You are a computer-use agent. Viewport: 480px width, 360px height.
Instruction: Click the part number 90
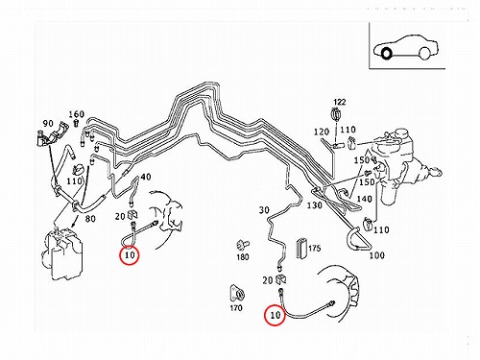[x=48, y=123]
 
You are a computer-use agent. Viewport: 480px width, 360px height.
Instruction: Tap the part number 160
[x=77, y=114]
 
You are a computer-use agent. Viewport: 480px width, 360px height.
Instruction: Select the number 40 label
[x=146, y=177]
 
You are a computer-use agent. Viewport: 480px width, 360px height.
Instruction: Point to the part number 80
[x=90, y=219]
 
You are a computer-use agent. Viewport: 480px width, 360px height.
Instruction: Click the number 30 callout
[x=264, y=210]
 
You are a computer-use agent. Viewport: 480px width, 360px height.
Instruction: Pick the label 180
[x=243, y=256]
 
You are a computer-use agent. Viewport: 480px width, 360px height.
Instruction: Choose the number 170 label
[x=236, y=308]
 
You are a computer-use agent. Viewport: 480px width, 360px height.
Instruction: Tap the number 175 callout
[x=315, y=248]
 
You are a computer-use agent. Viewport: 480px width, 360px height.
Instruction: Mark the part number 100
[x=377, y=255]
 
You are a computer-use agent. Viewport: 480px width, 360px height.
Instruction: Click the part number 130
[x=314, y=204]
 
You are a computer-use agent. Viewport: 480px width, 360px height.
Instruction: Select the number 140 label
[x=364, y=199]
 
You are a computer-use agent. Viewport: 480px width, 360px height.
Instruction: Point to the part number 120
[x=322, y=132]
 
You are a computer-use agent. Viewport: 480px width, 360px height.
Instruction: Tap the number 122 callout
[x=340, y=102]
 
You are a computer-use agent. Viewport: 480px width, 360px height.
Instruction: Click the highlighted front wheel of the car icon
[x=386, y=53]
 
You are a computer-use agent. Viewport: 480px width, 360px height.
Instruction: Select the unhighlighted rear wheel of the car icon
[x=424, y=53]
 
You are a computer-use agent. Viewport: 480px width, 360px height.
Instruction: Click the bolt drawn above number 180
[x=242, y=246]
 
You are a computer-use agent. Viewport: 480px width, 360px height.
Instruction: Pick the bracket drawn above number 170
[x=237, y=293]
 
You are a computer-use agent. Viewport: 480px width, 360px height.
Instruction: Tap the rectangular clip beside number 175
[x=301, y=248]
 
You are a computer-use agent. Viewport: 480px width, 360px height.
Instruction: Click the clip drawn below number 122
[x=336, y=114]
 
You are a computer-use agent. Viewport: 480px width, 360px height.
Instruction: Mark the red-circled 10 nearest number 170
[x=275, y=315]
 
